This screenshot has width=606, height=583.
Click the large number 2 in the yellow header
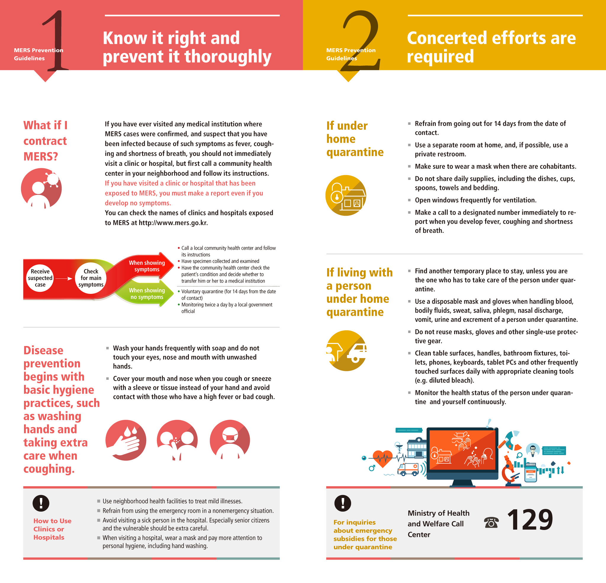(361, 40)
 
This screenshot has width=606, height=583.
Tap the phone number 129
(530, 520)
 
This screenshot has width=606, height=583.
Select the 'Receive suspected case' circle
(40, 278)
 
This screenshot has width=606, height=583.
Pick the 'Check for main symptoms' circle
(91, 278)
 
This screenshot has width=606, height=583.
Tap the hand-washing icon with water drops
(126, 440)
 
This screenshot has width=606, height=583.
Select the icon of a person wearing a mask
(230, 440)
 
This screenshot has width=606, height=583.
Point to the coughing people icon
(177, 440)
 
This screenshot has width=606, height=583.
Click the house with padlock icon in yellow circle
(346, 195)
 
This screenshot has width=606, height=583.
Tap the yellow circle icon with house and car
(346, 351)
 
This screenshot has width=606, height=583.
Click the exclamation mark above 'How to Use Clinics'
(41, 503)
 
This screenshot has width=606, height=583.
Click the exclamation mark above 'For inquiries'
(343, 503)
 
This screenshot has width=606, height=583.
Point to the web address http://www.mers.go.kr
(173, 223)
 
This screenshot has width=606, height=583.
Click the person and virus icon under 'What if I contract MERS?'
(41, 188)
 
